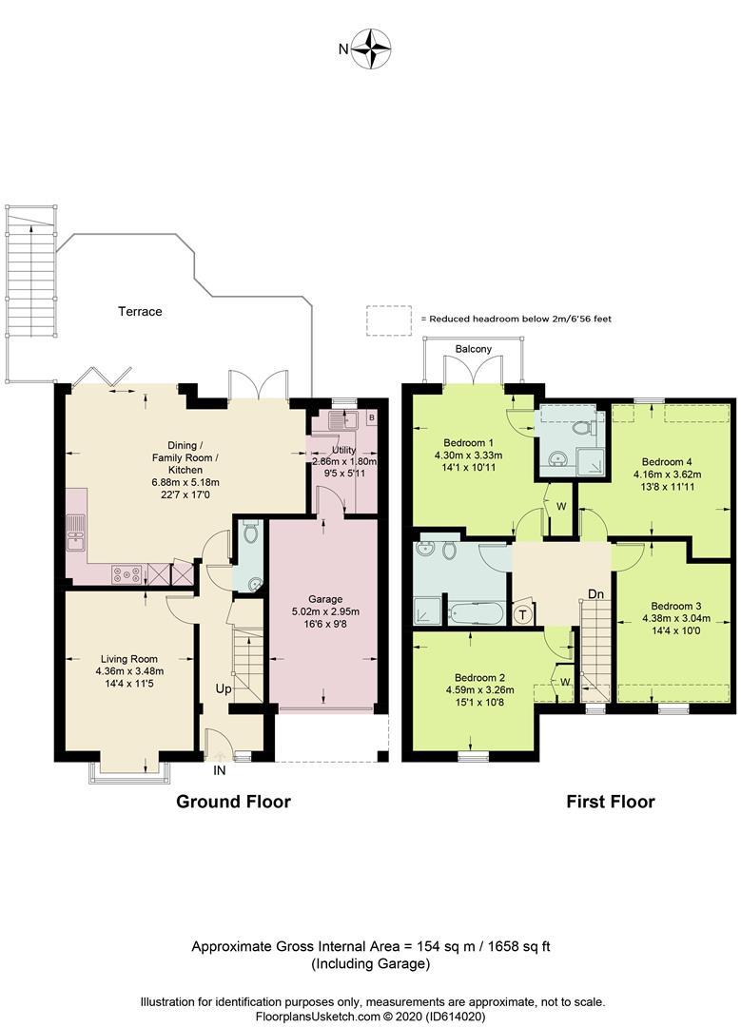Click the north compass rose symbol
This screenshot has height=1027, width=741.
pyautogui.click(x=373, y=49)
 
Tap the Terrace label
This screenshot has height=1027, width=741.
pyautogui.click(x=140, y=311)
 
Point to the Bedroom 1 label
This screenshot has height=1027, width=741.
pyautogui.click(x=468, y=442)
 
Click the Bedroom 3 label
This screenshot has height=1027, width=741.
pyautogui.click(x=676, y=606)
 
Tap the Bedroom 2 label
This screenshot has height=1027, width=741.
pyautogui.click(x=474, y=678)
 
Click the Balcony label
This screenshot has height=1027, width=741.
pyautogui.click(x=474, y=349)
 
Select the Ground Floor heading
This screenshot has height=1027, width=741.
pyautogui.click(x=233, y=802)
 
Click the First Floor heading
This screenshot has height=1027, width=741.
pyautogui.click(x=611, y=802)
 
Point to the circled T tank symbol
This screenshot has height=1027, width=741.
pyautogui.click(x=522, y=614)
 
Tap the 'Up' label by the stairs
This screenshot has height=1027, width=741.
pyautogui.click(x=224, y=688)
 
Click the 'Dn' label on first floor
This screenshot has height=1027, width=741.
pyautogui.click(x=595, y=594)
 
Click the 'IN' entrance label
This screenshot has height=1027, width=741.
pyautogui.click(x=220, y=769)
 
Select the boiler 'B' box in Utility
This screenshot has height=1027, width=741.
pyautogui.click(x=371, y=417)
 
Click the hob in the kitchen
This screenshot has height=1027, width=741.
pyautogui.click(x=127, y=573)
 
